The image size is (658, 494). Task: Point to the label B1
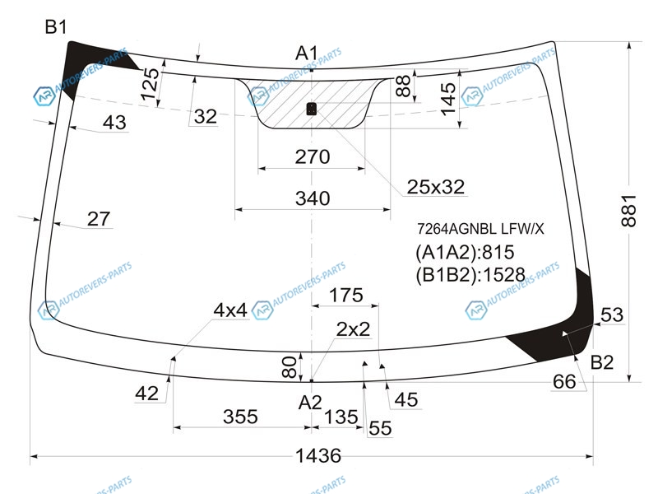[x=56, y=27]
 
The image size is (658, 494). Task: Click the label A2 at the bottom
[x=309, y=403]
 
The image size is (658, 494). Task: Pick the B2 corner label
[x=602, y=362]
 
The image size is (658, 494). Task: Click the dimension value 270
[x=312, y=156]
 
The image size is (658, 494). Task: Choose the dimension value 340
[x=312, y=198]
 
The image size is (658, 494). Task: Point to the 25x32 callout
[x=436, y=188]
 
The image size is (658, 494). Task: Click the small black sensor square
[x=312, y=108]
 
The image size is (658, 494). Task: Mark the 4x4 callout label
[x=230, y=310]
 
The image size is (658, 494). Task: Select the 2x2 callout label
[x=354, y=329]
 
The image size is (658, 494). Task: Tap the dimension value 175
[x=345, y=296]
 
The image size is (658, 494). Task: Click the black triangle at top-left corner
[x=85, y=59]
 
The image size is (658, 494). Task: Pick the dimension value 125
[x=149, y=85]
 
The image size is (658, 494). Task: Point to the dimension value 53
[x=612, y=315]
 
